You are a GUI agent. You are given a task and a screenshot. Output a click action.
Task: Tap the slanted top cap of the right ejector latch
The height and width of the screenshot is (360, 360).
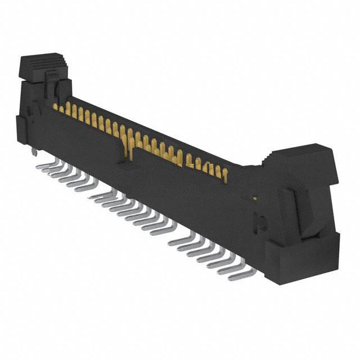tap(304, 156)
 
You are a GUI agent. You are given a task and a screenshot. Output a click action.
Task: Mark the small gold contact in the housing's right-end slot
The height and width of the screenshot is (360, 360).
tap(254, 198)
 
